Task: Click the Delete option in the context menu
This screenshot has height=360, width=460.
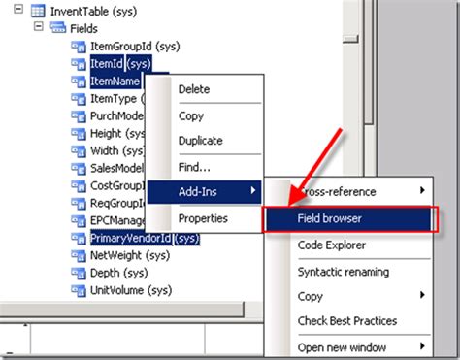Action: pos(193,89)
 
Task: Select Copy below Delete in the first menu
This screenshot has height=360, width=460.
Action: pos(190,115)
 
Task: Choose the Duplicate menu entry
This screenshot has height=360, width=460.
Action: pos(200,141)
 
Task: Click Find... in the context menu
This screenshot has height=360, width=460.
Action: pos(194,167)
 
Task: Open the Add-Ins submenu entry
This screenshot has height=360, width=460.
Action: pos(197,192)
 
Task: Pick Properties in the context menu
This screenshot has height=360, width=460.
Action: pos(202,218)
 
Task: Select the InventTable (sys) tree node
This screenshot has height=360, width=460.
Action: pos(86,11)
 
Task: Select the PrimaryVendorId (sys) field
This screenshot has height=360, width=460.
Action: pos(144,237)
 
